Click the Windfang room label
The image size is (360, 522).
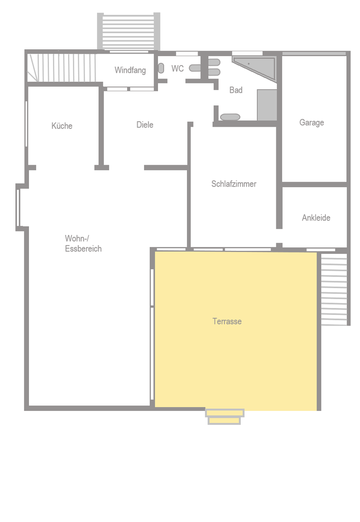(x=130, y=70)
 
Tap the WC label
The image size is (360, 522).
(x=177, y=69)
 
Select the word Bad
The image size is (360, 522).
(x=236, y=90)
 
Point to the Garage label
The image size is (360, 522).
(x=312, y=122)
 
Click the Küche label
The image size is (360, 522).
(x=62, y=126)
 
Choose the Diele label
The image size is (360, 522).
(x=145, y=125)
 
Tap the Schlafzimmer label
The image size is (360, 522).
(x=234, y=184)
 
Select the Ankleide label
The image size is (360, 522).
(x=316, y=217)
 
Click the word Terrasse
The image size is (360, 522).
(x=227, y=321)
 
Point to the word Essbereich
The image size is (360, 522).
(x=83, y=249)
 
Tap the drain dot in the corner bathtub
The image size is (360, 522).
(x=248, y=64)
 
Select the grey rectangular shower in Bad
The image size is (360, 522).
(x=267, y=105)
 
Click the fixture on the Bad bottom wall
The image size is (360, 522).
(x=230, y=117)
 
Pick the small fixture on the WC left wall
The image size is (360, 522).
(x=161, y=68)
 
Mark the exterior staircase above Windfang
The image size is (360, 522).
(x=129, y=31)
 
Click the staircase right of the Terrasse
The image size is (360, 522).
(x=334, y=289)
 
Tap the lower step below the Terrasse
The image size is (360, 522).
(x=224, y=421)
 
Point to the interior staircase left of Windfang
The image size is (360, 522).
(x=62, y=68)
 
